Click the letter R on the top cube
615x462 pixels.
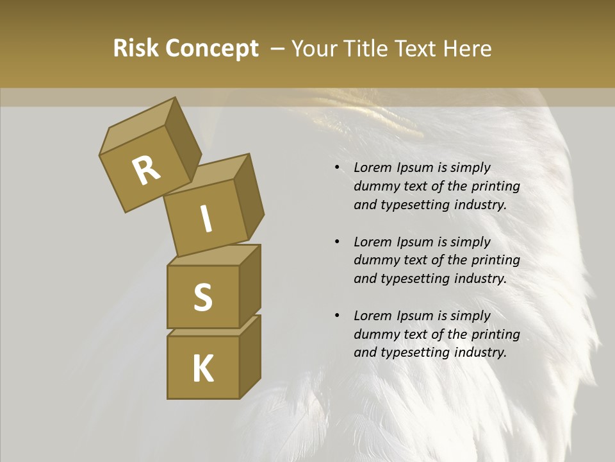coord(146,171)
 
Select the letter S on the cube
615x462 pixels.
coord(202,298)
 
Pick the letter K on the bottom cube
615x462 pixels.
coord(202,369)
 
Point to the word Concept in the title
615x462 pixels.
coord(211,49)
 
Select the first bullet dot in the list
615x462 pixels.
coord(337,167)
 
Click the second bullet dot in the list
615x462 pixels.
coord(337,242)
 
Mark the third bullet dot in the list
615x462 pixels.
coord(337,316)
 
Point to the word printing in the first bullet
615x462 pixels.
coord(495,186)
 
